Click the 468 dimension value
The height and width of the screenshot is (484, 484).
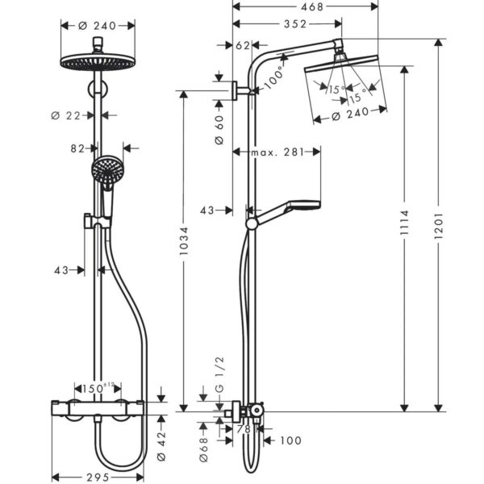[x=311, y=6]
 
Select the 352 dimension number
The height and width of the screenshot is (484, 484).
[x=295, y=24]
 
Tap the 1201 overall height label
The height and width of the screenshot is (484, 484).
[x=438, y=225]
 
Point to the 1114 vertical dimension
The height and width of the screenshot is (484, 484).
[x=404, y=223]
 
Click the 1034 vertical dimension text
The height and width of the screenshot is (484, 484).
[x=184, y=240]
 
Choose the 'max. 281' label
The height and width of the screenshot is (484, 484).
[x=277, y=152]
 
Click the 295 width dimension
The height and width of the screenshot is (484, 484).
[x=98, y=478]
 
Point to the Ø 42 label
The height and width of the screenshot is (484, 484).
[x=161, y=446]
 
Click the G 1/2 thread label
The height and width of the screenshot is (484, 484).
[x=219, y=375]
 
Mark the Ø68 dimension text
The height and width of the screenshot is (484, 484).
[x=204, y=449]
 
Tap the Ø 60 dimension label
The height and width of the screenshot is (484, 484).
[x=219, y=130]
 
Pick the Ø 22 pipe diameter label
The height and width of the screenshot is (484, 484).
[x=66, y=115]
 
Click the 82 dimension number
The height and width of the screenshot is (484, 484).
[x=77, y=148]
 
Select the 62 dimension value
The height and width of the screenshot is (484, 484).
[x=243, y=46]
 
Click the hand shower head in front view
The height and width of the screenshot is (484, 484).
[x=107, y=169]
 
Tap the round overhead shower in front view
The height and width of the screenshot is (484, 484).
[x=98, y=61]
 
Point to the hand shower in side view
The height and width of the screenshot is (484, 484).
[x=283, y=213]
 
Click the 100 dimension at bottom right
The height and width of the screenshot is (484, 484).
[x=290, y=440]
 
